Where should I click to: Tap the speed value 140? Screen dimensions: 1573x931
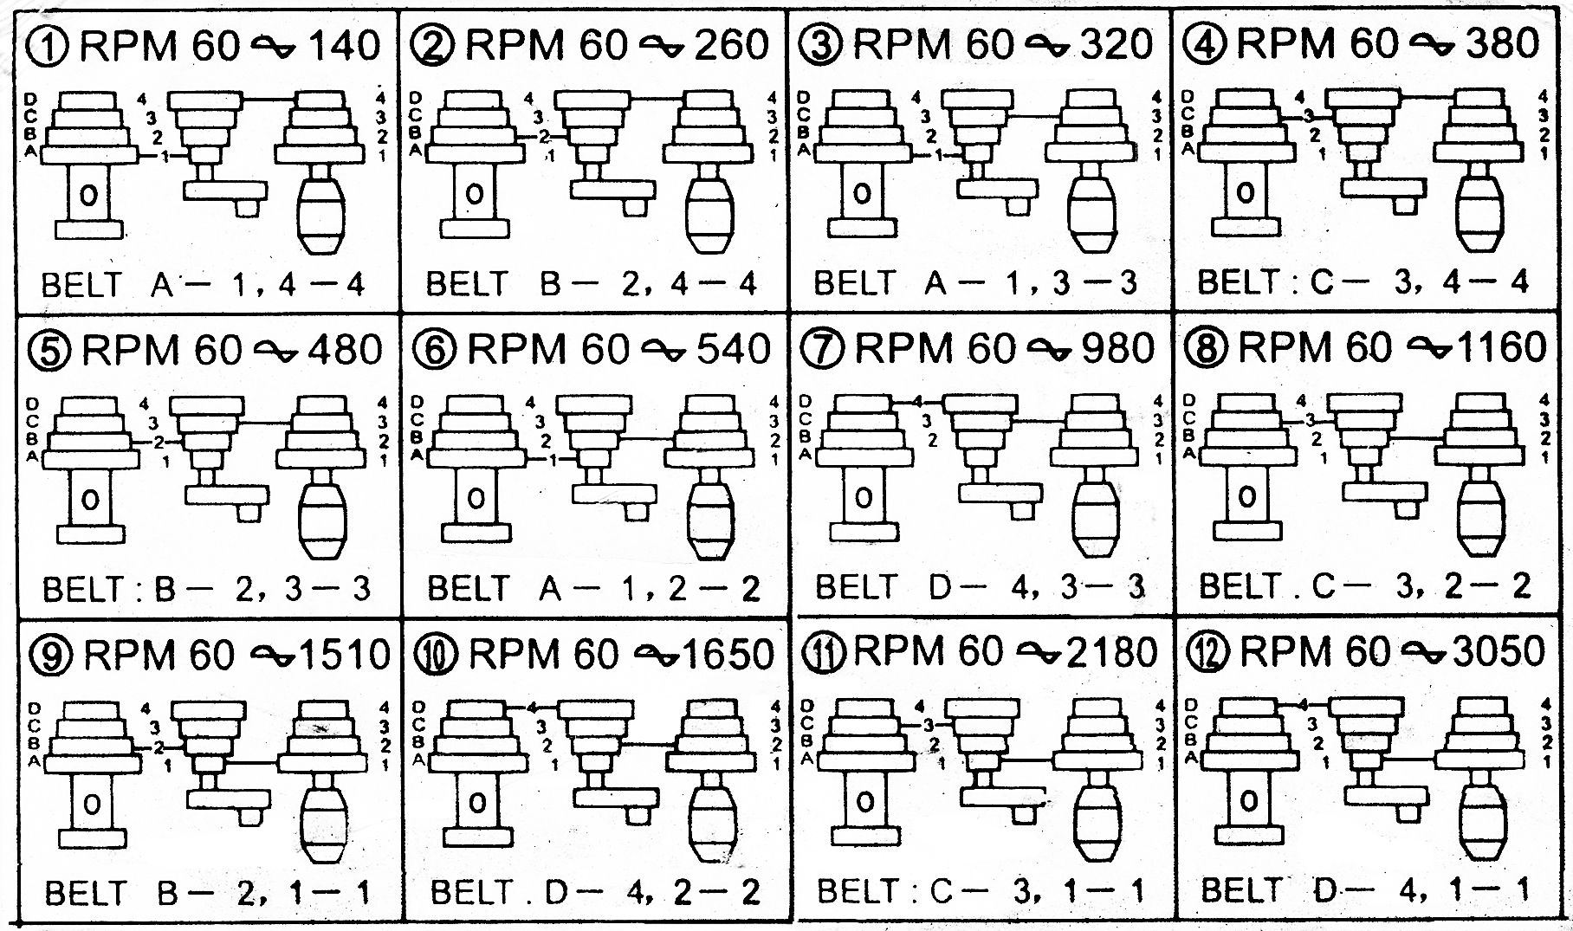point(345,45)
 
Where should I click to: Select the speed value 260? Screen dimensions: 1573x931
point(731,45)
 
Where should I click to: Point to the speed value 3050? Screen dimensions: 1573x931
point(1499,651)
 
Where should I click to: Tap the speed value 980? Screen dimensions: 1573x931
point(1118,348)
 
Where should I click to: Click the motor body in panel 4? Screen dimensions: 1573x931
point(1479,213)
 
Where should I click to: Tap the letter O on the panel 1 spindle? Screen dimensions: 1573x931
point(89,196)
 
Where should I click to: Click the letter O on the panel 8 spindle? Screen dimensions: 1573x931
point(1246,497)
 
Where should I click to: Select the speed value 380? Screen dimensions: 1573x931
point(1503,42)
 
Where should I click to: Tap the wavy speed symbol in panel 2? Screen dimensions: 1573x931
point(659,47)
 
